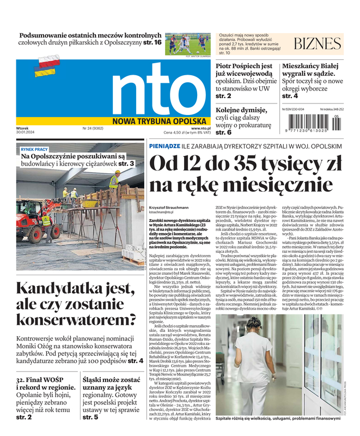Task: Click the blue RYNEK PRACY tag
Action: pos(34,149)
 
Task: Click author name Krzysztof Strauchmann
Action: pos(169,207)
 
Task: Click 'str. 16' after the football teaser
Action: pos(151,43)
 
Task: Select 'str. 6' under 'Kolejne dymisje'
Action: pos(224,132)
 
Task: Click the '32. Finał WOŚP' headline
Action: pos(44,379)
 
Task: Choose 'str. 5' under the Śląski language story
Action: pos(90,417)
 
